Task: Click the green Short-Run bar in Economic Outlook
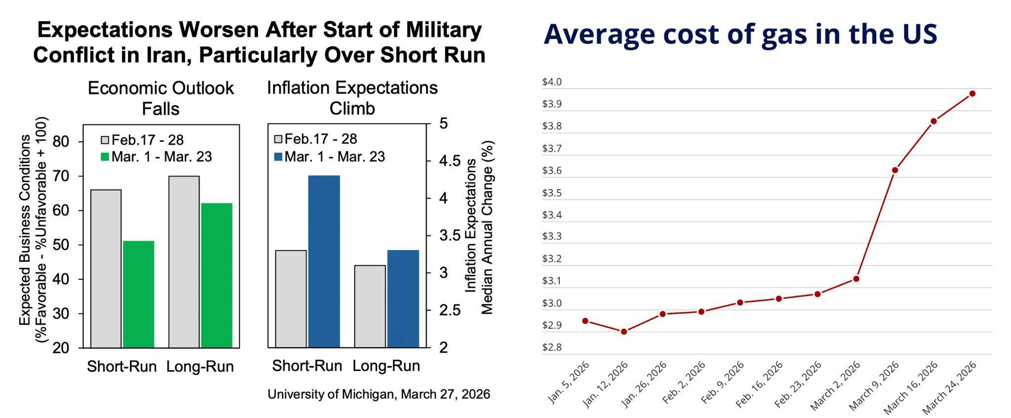[139, 294]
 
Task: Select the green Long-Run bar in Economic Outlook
[216, 275]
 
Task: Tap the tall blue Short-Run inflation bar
[324, 261]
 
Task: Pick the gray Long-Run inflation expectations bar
[370, 306]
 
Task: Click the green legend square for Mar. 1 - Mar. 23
[105, 157]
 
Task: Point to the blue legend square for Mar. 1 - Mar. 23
[278, 157]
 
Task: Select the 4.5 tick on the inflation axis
[450, 161]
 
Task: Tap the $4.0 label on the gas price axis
[552, 82]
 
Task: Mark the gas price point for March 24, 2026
[972, 93]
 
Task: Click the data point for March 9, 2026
[895, 170]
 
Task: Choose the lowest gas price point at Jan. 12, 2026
[624, 332]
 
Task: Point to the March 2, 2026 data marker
[856, 279]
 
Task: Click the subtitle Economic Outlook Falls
[160, 98]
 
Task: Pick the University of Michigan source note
[379, 394]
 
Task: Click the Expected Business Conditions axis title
[33, 230]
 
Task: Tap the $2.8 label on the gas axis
[552, 347]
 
